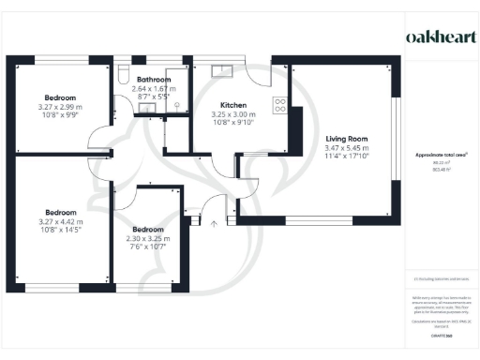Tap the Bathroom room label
(152, 81)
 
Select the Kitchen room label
(233, 105)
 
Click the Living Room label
(345, 139)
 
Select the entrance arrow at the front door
(215, 223)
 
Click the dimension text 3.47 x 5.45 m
(345, 148)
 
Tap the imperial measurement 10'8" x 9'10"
(233, 123)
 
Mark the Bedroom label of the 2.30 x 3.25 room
(148, 229)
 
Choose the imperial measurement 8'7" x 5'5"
(152, 97)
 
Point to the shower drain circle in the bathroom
(175, 105)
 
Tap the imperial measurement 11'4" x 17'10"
(345, 157)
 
